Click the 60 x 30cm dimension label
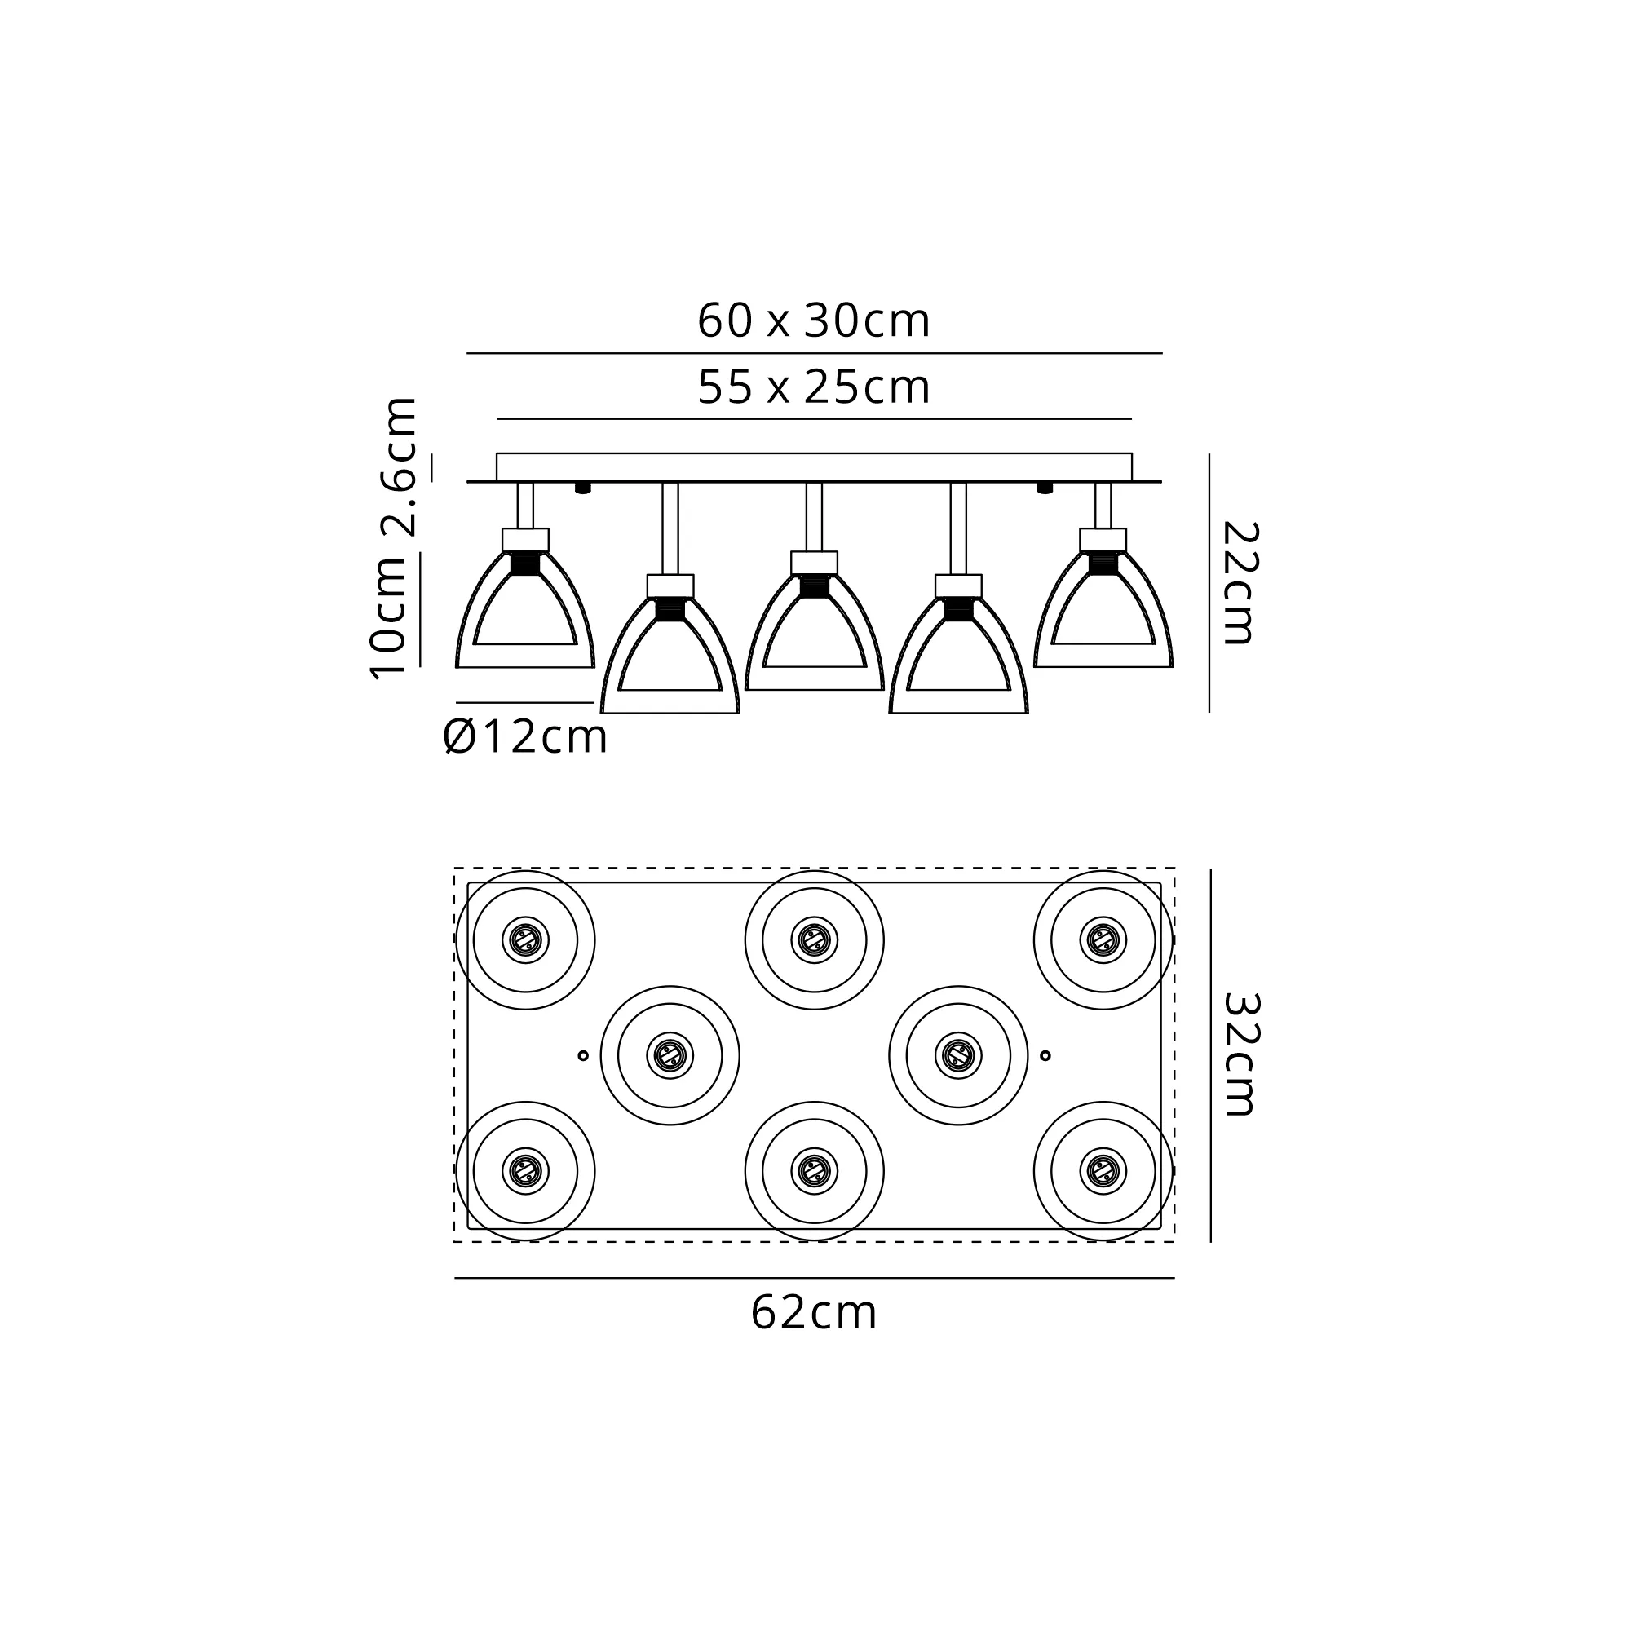point(814,320)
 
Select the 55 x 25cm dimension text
point(814,387)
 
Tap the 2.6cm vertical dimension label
point(400,466)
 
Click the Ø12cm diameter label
point(525,737)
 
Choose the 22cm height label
point(1240,582)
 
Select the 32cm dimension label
point(1240,1054)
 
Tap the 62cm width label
point(814,1313)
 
